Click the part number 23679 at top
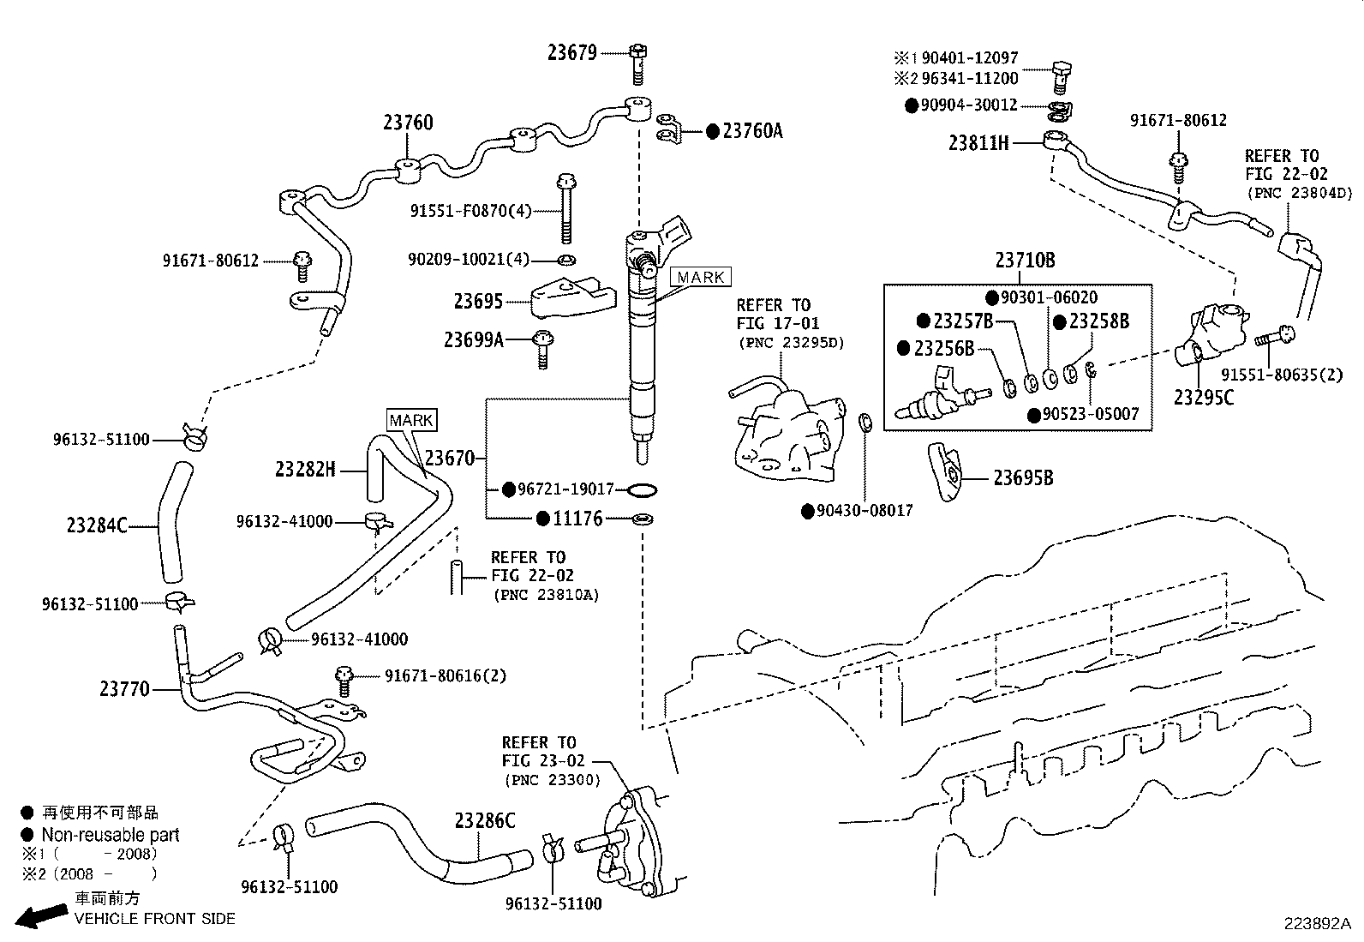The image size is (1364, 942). (571, 52)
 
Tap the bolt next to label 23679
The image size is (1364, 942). (637, 62)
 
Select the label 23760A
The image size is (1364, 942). (751, 130)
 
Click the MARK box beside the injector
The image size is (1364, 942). (701, 277)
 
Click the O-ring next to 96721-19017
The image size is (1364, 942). (643, 490)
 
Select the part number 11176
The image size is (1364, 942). (577, 518)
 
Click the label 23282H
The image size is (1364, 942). (305, 469)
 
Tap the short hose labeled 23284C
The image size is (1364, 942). (172, 523)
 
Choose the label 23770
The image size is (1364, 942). (124, 688)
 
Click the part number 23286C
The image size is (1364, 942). (485, 820)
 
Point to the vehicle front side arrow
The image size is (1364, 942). (38, 917)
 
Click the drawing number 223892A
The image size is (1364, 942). (1316, 923)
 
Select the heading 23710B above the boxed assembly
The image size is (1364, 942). (1025, 260)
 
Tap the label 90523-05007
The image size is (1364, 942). (1091, 414)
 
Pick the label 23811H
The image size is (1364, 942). (978, 142)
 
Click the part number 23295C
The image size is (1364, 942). (1204, 397)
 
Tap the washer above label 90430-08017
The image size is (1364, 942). (865, 421)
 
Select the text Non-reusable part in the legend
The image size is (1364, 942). (111, 834)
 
